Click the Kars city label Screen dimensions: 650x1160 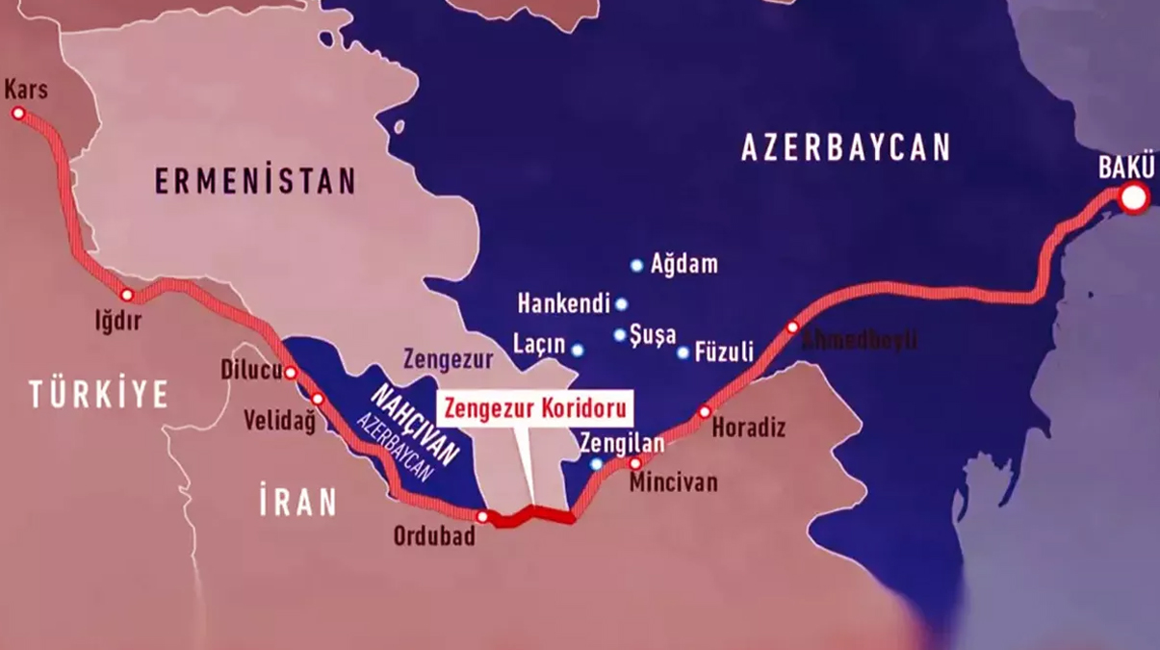click(26, 91)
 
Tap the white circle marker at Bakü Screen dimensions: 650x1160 click(1134, 198)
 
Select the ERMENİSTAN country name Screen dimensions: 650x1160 click(255, 181)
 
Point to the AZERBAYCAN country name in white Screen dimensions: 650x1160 click(845, 147)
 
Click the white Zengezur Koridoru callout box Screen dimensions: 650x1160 click(536, 407)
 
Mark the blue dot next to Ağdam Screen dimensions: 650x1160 click(636, 265)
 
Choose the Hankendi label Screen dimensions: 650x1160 click(564, 304)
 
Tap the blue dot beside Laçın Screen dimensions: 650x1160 click(578, 351)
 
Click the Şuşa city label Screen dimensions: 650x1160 click(652, 335)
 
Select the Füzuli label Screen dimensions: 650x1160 click(722, 351)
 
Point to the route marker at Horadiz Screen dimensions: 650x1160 click(705, 412)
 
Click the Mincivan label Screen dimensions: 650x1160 click(673, 482)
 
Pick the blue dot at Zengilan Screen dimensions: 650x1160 click(597, 464)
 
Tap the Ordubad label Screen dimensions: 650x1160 click(434, 536)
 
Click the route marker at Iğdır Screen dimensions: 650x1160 click(126, 295)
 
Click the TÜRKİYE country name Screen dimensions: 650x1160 click(98, 394)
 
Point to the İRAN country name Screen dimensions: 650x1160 click(297, 502)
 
